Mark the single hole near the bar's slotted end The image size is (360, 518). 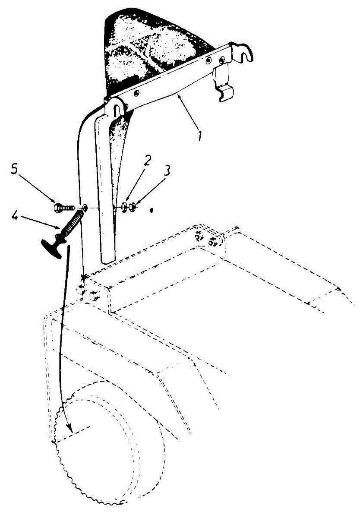136,92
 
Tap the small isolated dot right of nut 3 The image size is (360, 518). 152,211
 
